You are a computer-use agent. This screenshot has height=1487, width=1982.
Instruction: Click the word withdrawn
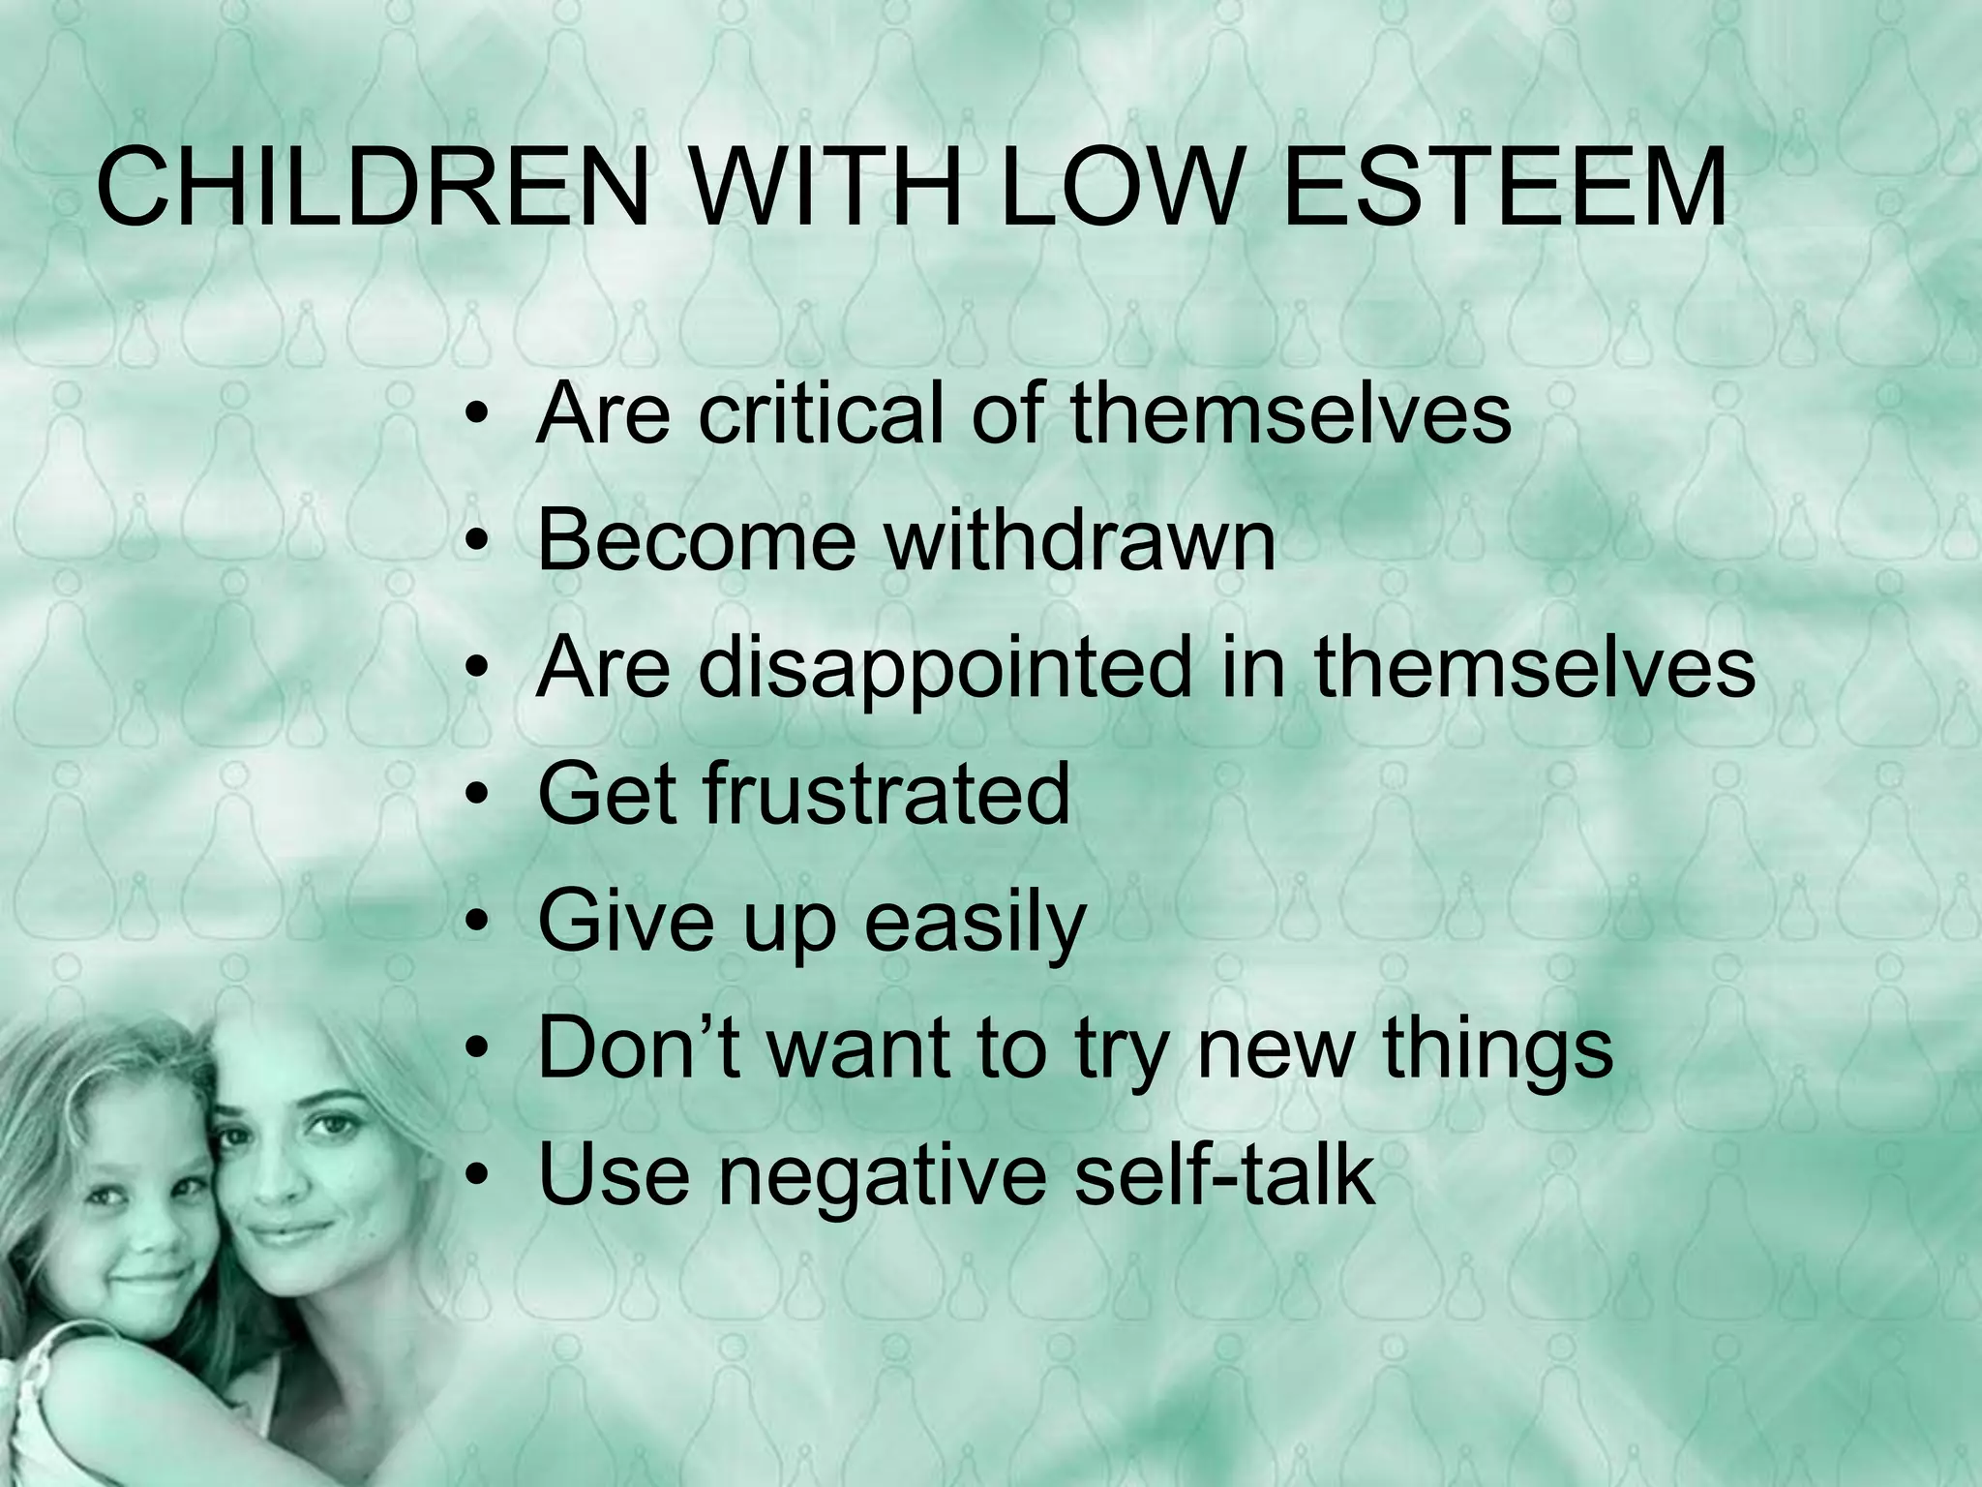point(1081,539)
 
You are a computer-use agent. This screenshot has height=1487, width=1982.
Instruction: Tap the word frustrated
point(886,794)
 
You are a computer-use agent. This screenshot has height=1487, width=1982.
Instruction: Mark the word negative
point(882,1174)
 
